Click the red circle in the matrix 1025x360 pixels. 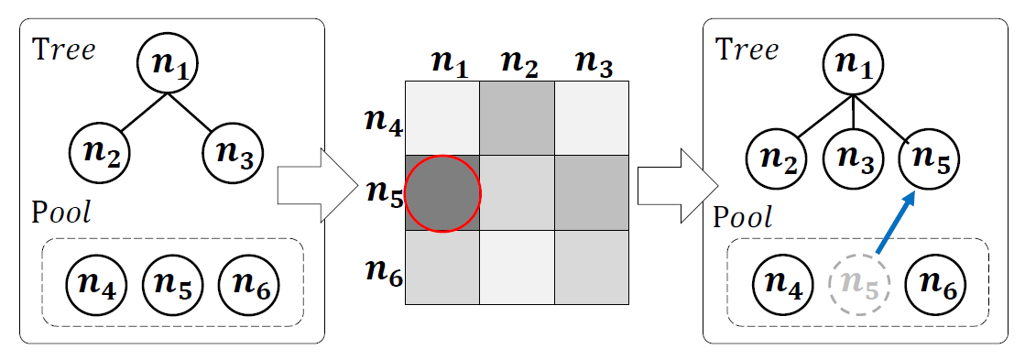(x=442, y=193)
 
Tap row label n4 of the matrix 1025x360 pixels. (x=381, y=121)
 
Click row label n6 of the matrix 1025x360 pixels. (x=381, y=268)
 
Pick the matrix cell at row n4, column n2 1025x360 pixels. (x=518, y=118)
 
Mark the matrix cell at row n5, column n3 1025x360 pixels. (x=592, y=193)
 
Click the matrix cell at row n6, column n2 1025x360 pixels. (x=518, y=267)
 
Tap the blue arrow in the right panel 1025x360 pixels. (x=897, y=221)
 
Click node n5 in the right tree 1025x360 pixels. (x=929, y=159)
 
